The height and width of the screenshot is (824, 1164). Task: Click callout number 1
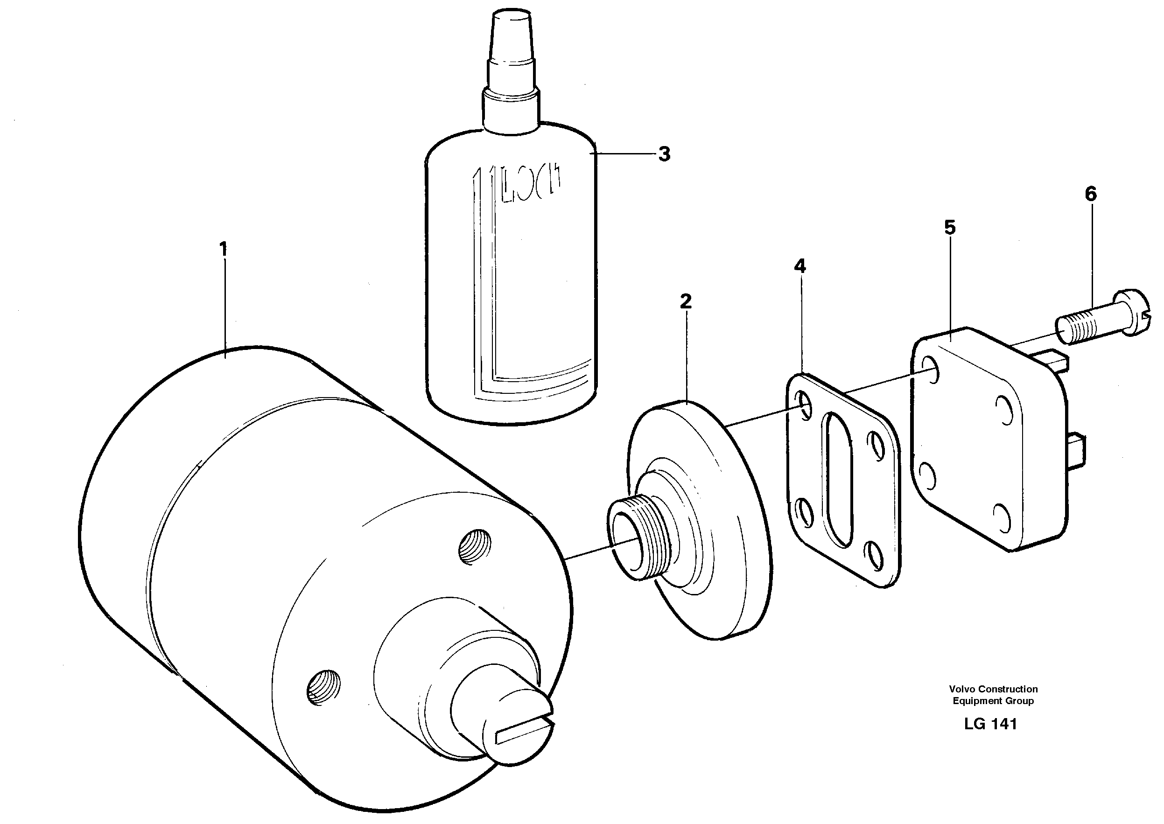[223, 249]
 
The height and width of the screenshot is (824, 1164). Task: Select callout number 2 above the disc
[686, 302]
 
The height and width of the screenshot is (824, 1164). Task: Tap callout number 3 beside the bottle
[664, 154]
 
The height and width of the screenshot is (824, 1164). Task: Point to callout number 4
[799, 266]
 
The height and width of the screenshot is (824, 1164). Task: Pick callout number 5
[950, 227]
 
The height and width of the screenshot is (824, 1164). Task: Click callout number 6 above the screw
[1090, 194]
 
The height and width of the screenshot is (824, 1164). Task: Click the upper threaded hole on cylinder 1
[475, 547]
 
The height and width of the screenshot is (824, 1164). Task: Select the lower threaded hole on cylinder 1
[324, 686]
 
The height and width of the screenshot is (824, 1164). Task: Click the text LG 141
[990, 724]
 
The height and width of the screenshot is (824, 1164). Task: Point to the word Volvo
[962, 689]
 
